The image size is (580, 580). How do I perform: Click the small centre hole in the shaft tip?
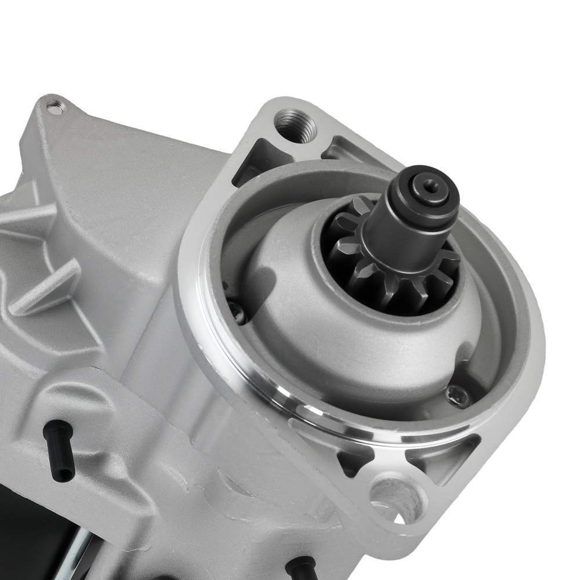429,185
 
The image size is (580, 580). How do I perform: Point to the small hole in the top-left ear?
55,106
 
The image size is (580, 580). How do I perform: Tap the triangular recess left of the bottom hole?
354,461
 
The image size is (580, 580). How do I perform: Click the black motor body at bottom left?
35,539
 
